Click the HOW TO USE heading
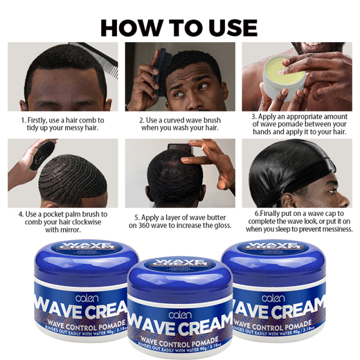(x=179, y=27)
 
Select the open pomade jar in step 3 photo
(x=282, y=84)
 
